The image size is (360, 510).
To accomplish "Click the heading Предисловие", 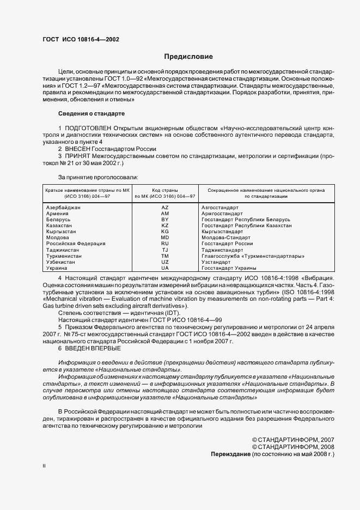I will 188,57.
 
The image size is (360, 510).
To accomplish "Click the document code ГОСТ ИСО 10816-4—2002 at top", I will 81,40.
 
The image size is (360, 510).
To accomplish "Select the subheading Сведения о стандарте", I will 91,113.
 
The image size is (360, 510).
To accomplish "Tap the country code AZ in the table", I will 165,208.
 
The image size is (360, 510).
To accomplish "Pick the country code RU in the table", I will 165,244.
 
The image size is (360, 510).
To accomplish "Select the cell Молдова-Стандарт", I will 226,238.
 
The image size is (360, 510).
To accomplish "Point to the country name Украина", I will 57,268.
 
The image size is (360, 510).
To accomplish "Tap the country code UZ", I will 165,262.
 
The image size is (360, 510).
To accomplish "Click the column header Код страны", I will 165,189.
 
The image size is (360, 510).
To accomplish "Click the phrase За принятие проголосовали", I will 98,177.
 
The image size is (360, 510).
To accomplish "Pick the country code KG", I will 165,232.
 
